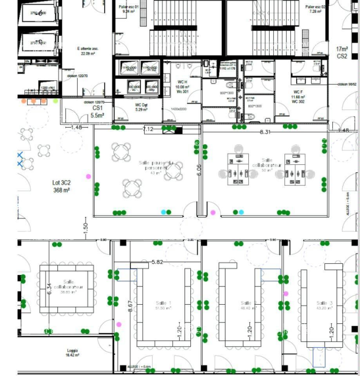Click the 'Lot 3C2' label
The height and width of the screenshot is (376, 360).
tap(62, 186)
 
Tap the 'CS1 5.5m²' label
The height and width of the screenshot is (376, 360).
tap(98, 112)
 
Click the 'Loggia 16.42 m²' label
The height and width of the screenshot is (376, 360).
tap(72, 353)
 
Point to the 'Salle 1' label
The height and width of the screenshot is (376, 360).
tap(163, 303)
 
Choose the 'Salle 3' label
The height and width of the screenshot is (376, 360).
tap(324, 303)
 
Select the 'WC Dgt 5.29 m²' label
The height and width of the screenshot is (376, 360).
tap(141, 107)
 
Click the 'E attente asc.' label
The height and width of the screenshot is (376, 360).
tap(88, 51)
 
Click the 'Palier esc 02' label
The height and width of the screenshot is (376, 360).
tap(315, 9)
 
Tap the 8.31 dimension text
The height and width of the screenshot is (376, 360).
tap(265, 132)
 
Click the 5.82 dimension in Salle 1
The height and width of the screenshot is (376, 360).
tap(157, 262)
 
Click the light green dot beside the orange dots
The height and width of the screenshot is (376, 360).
tap(56, 101)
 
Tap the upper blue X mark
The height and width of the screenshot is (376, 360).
tap(20, 155)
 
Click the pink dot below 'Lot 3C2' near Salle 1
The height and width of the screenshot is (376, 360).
tap(119, 324)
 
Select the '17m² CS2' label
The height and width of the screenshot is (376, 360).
tap(342, 52)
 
